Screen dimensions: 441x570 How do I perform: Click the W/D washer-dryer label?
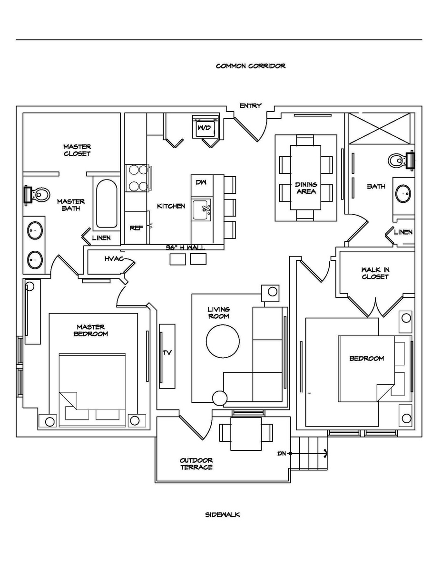tap(204, 128)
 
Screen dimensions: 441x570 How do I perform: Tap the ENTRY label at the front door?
tap(251, 106)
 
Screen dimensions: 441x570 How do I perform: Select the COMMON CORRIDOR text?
tap(251, 66)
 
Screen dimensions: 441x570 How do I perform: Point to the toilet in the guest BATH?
tap(401, 160)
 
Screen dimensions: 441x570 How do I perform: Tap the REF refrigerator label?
tap(137, 228)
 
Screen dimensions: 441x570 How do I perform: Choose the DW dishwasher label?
tap(201, 182)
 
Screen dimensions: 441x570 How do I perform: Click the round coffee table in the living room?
tap(223, 342)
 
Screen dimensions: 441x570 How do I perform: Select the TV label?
tap(167, 353)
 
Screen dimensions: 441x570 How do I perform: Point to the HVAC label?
tap(114, 259)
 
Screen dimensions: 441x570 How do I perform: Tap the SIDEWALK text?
tap(223, 514)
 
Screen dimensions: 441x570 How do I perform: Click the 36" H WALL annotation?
tap(185, 247)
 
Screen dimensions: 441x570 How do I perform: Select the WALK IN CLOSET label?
tap(375, 273)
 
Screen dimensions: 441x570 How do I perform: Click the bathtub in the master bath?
tap(107, 204)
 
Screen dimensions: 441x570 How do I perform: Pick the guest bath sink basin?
tap(404, 194)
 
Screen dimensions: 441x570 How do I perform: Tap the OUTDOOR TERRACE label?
tap(196, 464)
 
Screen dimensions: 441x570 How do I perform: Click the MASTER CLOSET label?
tap(77, 150)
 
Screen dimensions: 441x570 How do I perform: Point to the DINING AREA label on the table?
tap(306, 188)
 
